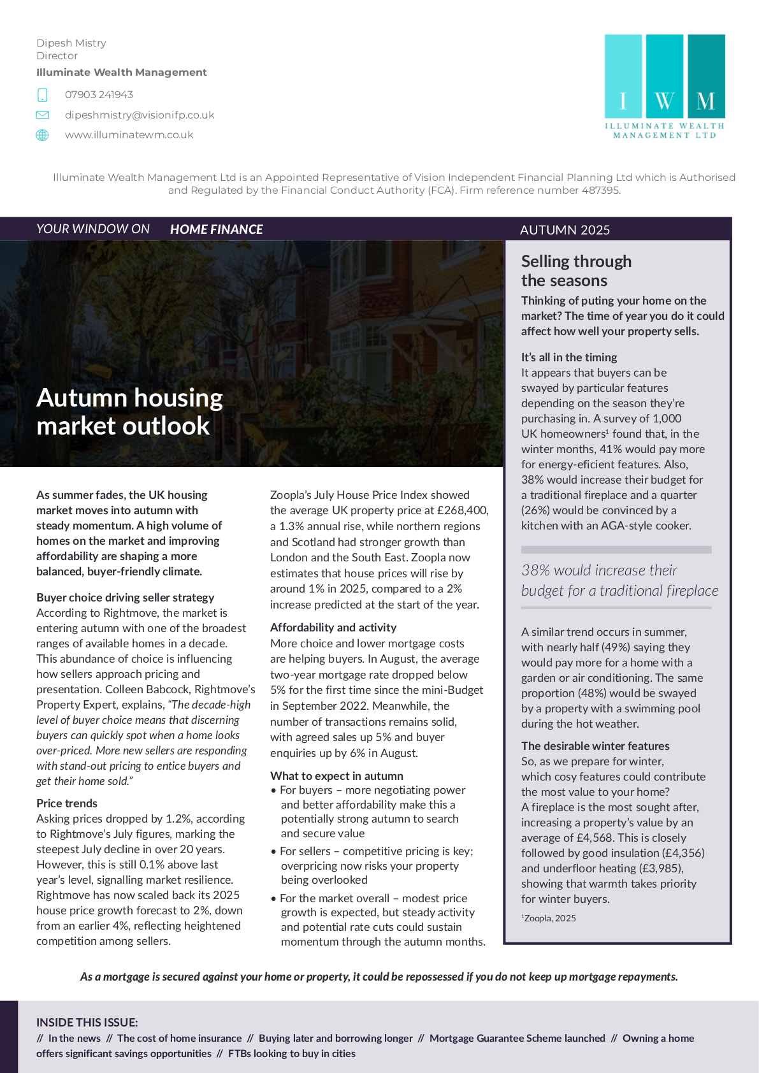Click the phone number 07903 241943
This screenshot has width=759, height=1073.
tap(99, 95)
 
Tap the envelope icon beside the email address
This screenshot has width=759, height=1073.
tap(43, 115)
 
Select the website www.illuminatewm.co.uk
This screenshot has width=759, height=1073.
tap(129, 135)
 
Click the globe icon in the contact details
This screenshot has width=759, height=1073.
tap(43, 135)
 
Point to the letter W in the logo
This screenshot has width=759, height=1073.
tap(664, 101)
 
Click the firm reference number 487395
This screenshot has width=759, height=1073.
tap(600, 191)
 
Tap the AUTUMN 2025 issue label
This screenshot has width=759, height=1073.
tap(565, 230)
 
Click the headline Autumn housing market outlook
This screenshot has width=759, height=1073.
tap(129, 412)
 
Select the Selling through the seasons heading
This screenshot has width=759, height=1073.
tap(576, 271)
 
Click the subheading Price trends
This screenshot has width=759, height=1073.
tap(67, 803)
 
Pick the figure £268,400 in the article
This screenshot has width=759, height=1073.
tap(460, 510)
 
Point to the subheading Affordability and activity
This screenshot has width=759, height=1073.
tap(333, 628)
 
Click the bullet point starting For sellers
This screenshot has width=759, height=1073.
tap(376, 865)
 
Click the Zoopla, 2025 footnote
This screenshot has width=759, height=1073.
tap(549, 918)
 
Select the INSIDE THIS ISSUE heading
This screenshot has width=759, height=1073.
tap(87, 1023)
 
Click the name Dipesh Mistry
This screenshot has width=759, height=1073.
tap(71, 43)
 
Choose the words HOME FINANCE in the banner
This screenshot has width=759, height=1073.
tap(216, 229)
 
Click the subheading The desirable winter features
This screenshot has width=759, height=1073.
tap(595, 746)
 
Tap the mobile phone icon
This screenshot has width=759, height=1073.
tap(43, 95)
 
